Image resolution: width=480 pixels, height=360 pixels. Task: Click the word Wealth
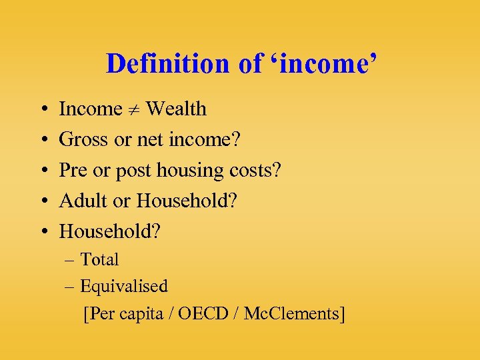pyautogui.click(x=176, y=109)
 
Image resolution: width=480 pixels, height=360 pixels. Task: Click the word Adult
pyautogui.click(x=84, y=201)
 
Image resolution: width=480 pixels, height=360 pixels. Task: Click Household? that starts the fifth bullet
pyautogui.click(x=110, y=231)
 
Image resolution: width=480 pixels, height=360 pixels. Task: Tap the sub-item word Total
pyautogui.click(x=99, y=259)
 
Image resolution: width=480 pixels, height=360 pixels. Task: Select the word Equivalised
pyautogui.click(x=124, y=287)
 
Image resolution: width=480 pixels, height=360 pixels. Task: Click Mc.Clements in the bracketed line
pyautogui.click(x=294, y=314)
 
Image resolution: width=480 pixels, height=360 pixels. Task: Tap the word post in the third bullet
pyautogui.click(x=133, y=171)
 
